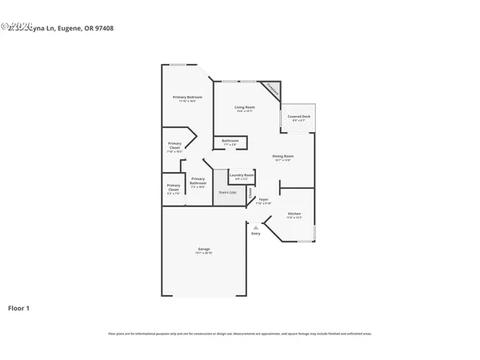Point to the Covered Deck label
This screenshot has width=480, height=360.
pyautogui.click(x=299, y=117)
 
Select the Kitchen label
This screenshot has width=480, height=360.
pyautogui.click(x=294, y=214)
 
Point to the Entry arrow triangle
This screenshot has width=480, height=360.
pyautogui.click(x=255, y=227)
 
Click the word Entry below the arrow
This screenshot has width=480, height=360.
pyautogui.click(x=256, y=234)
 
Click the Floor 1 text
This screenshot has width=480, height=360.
pyautogui.click(x=18, y=308)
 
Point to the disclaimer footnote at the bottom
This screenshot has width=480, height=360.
pyautogui.click(x=240, y=334)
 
